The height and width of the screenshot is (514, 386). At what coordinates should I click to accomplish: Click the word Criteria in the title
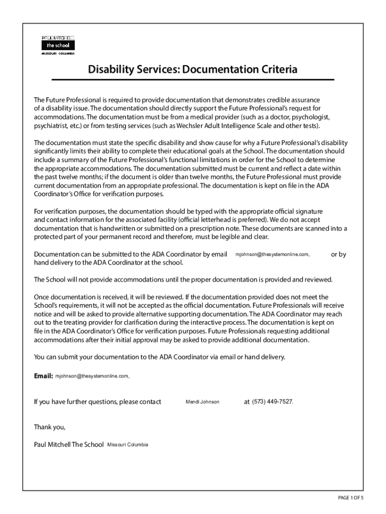tap(275, 69)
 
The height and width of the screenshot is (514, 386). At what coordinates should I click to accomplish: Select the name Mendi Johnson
tap(203, 402)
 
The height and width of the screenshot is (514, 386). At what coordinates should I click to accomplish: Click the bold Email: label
tap(43, 376)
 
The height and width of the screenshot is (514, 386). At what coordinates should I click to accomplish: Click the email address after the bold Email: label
tap(92, 376)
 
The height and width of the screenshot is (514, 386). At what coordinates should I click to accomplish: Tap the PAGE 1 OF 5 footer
tap(350, 497)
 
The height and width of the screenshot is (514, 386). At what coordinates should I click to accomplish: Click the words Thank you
tap(49, 427)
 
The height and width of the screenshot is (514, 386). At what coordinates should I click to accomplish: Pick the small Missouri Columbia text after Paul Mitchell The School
tap(128, 445)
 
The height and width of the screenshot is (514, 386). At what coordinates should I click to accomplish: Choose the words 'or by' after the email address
tap(338, 254)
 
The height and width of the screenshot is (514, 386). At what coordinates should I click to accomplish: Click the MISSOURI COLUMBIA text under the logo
tap(57, 53)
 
